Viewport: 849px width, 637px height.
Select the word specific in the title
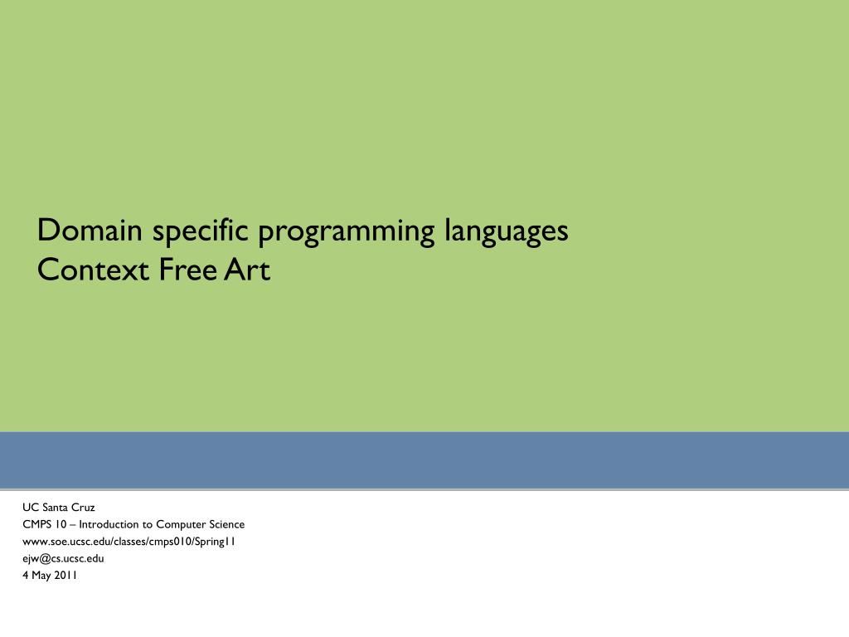pos(200,231)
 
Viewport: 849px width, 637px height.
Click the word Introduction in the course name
pos(110,524)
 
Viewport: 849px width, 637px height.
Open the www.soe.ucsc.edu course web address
pos(129,542)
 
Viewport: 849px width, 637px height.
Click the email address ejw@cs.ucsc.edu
pos(63,558)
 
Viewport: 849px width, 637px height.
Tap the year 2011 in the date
pos(66,575)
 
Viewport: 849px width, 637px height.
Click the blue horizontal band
pos(424,460)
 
